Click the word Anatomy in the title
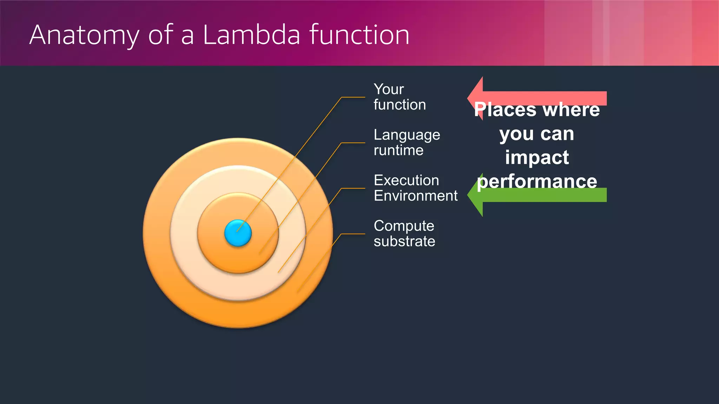pos(84,35)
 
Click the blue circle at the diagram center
pos(238,233)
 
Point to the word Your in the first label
pos(389,89)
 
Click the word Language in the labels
pos(407,135)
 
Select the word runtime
pos(398,150)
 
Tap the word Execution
pos(406,180)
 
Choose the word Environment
pos(415,196)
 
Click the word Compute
pos(404,226)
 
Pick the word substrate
pos(404,241)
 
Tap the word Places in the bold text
pos(505,110)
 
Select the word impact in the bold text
pos(537,157)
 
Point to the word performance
pos(537,181)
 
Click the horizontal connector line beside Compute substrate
pos(353,234)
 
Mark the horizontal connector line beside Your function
pos(353,97)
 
